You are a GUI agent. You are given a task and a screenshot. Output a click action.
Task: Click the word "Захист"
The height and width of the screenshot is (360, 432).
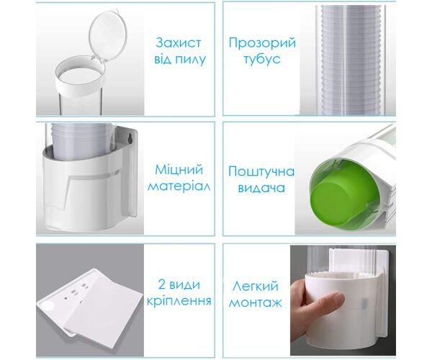click(x=179, y=43)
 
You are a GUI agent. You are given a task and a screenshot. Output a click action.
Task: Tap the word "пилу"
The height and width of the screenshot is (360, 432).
click(x=192, y=60)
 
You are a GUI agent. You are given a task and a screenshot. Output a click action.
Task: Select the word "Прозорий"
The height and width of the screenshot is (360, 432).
click(x=262, y=43)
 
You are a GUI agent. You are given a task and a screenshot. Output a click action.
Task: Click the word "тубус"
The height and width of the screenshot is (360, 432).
click(x=262, y=60)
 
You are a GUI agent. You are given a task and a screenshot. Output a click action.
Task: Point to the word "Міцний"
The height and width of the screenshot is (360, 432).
click(x=179, y=170)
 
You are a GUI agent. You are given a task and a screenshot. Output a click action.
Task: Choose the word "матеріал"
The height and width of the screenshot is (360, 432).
click(x=179, y=186)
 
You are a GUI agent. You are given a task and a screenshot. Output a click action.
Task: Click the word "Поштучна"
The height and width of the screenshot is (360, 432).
click(x=261, y=171)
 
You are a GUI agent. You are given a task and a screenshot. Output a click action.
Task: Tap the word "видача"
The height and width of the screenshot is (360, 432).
click(x=261, y=188)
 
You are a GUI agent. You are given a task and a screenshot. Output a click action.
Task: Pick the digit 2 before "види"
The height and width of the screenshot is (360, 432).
click(x=162, y=284)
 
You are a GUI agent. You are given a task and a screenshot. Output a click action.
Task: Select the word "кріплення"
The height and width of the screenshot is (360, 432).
click(x=179, y=301)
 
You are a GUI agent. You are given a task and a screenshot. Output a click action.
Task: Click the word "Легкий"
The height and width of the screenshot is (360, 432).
click(x=256, y=287)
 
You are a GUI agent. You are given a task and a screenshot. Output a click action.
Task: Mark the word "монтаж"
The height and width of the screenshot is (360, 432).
click(x=256, y=302)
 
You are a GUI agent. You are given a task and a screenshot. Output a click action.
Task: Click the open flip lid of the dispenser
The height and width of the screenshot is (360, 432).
click(x=108, y=35)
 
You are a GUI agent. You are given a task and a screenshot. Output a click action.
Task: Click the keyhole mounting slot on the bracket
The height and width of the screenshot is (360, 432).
click(x=131, y=138)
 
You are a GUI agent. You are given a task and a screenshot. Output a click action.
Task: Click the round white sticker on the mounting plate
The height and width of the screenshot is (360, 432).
click(x=49, y=307)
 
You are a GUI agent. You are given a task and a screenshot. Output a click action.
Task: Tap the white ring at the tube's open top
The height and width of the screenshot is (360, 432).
click(x=80, y=76)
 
